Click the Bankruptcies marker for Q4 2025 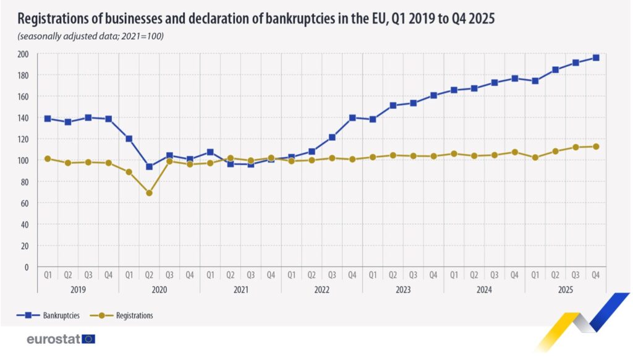[596, 58]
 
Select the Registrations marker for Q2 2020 [149, 193]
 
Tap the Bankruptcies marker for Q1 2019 [48, 118]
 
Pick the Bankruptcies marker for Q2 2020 [149, 166]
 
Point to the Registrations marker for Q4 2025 [596, 147]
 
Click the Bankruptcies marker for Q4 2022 [352, 118]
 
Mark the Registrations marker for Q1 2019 [48, 159]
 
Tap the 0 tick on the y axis [27, 267]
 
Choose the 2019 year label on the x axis [78, 289]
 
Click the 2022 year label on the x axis [321, 289]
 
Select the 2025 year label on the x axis [565, 289]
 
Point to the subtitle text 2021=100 [142, 36]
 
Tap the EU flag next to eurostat [89, 339]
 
